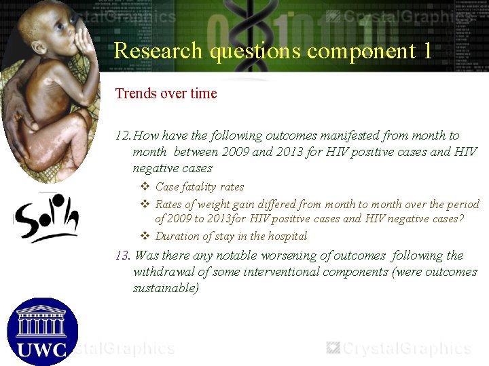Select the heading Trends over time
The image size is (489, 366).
coord(166,94)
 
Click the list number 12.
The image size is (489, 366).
coord(123,136)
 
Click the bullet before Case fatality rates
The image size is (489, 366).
coord(145,186)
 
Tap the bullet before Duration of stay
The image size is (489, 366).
coord(145,236)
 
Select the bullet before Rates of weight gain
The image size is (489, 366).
coord(145,204)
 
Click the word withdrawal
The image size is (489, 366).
coord(164,272)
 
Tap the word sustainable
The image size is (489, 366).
coord(164,288)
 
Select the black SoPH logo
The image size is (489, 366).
coord(46,216)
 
